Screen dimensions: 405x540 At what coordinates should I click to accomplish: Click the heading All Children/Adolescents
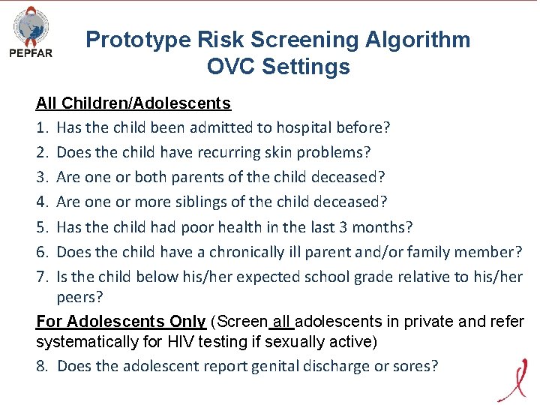(133, 103)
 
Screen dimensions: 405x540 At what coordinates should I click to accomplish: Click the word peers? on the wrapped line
(80, 297)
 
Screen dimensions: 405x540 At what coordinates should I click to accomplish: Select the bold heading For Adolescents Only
(121, 322)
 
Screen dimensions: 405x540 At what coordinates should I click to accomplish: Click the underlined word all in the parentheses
(281, 322)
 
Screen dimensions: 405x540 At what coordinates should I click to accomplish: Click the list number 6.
(42, 252)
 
